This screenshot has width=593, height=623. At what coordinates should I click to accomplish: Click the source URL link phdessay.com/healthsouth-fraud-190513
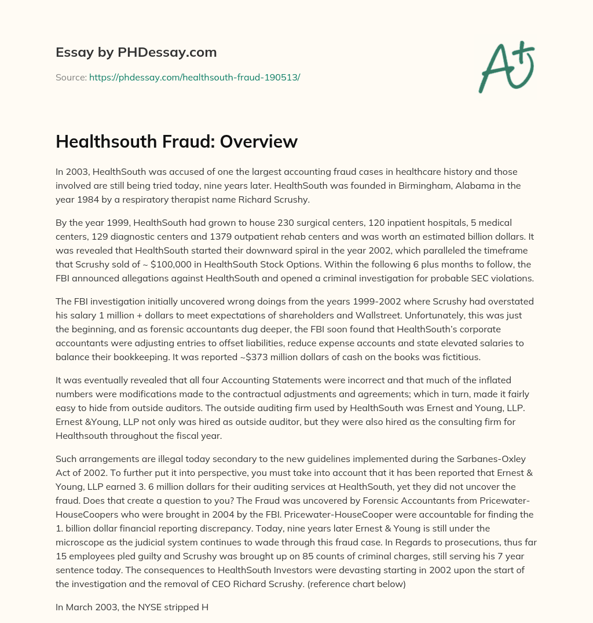[195, 77]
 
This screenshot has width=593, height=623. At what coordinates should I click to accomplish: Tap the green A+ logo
[506, 67]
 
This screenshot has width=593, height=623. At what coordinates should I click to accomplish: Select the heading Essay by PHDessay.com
[136, 53]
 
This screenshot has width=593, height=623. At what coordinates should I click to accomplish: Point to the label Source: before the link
[71, 77]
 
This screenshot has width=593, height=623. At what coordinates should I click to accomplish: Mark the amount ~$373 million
[177, 356]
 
